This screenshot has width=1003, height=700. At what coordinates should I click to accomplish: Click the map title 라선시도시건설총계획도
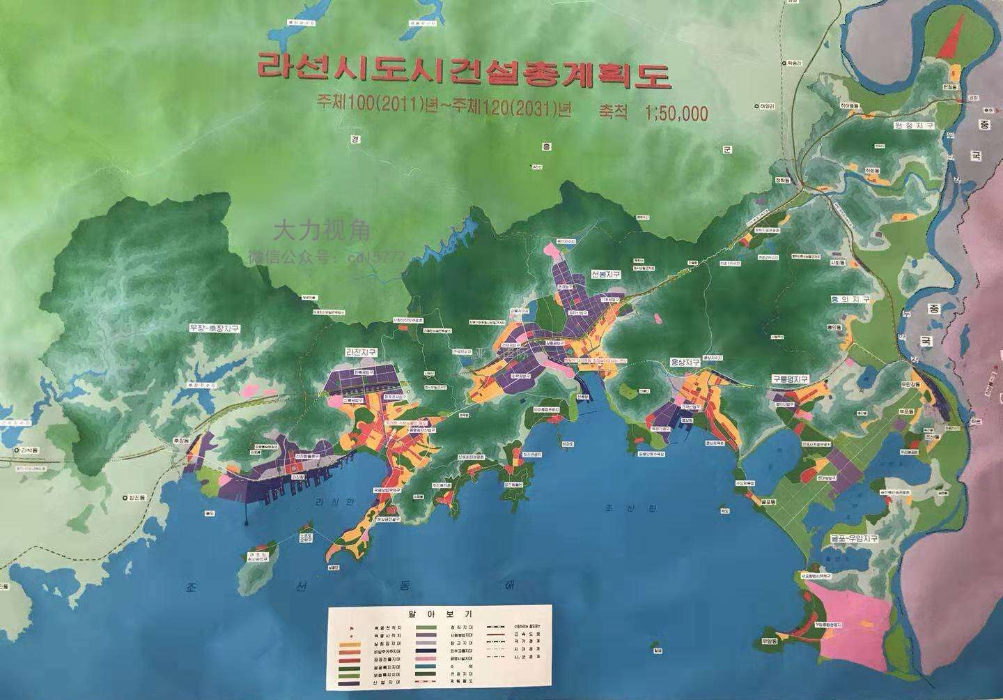(x=463, y=72)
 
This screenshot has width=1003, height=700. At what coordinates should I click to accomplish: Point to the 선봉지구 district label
(x=605, y=274)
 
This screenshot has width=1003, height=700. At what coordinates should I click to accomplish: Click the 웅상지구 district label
(x=684, y=363)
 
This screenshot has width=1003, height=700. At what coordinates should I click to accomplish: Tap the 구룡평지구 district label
(x=789, y=379)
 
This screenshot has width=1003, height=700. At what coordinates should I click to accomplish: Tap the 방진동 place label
(x=133, y=498)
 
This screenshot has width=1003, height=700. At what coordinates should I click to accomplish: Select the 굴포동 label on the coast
(x=770, y=501)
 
